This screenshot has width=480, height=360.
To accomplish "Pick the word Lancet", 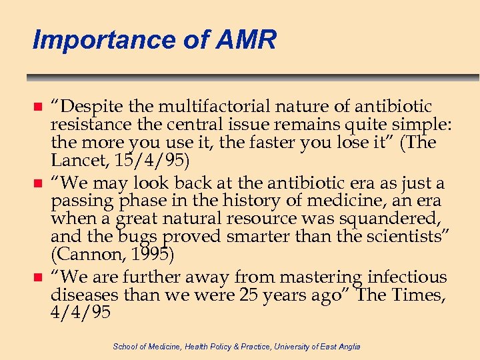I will tap(73, 160).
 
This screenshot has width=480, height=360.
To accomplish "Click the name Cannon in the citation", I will tap(81, 254).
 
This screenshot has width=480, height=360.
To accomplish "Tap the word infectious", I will tap(407, 277).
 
